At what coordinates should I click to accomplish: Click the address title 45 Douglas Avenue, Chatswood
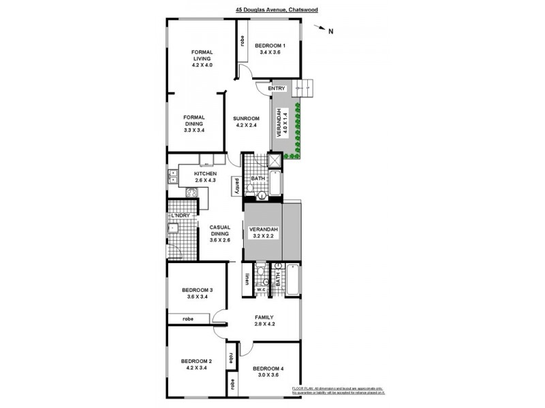click(277, 10)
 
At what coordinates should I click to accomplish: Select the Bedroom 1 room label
click(270, 46)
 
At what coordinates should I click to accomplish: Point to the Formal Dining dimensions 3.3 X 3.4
click(195, 130)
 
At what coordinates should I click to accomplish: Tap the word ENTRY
click(276, 88)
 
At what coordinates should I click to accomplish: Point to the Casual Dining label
click(219, 233)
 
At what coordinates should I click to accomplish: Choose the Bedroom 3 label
click(198, 290)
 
